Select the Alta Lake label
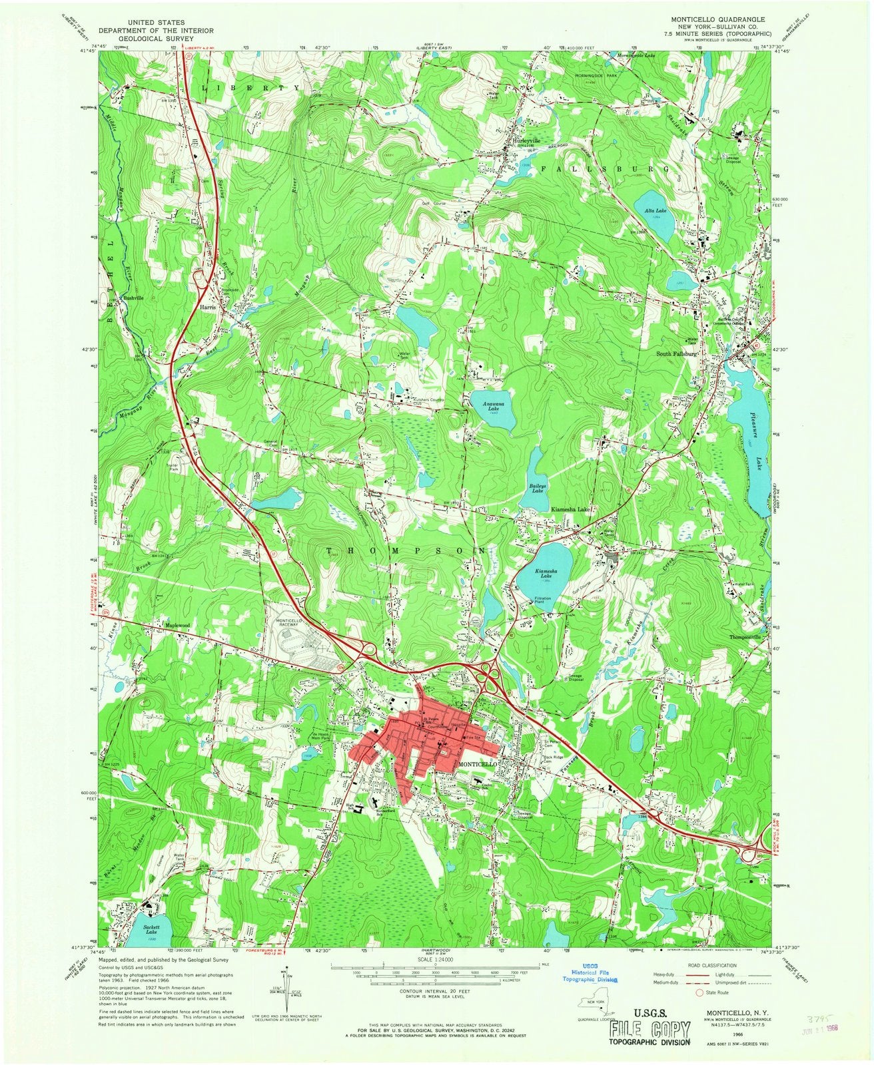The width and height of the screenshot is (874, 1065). point(653,210)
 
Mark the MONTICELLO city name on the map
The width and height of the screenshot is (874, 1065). point(478,765)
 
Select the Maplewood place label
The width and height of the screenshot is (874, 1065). point(177,626)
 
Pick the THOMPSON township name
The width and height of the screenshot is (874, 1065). point(407,550)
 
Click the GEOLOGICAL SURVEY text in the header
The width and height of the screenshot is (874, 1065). point(146,39)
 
